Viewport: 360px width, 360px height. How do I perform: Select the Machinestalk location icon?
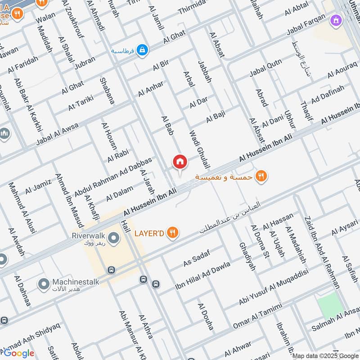tap(44, 284)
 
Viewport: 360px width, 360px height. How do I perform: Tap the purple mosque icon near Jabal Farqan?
tap(336, 20)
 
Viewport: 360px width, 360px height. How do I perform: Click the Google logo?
tap(19, 353)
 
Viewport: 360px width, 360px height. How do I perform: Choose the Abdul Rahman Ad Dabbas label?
tap(113, 175)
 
